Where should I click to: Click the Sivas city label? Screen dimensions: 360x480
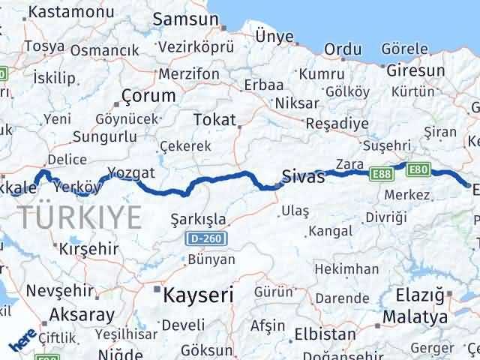[x=304, y=178]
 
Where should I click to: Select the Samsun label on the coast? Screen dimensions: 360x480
[x=180, y=20]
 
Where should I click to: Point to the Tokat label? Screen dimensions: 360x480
[x=214, y=120]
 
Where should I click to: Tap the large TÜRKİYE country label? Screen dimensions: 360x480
[x=81, y=217]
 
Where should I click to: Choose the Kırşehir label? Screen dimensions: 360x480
[x=89, y=247]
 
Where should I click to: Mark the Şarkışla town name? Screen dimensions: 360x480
[x=199, y=218]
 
